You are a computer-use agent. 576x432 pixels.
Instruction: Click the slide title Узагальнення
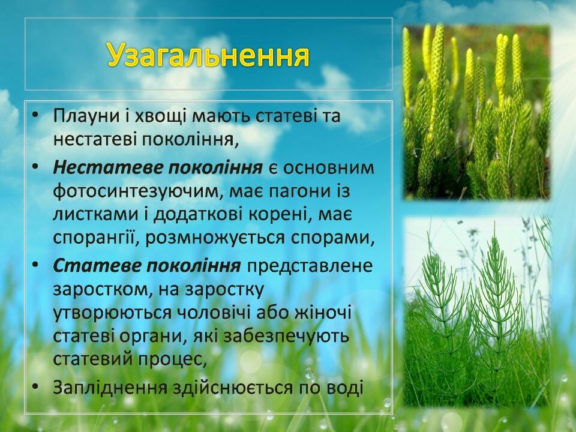coord(209,55)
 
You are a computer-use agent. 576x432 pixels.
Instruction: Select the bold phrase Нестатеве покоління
coord(158,167)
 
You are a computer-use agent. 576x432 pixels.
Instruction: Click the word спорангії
coord(96,238)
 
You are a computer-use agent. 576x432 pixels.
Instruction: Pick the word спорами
coord(332,238)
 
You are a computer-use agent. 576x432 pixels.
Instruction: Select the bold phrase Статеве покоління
coord(147,266)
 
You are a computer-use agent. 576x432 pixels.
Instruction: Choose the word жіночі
coord(323,313)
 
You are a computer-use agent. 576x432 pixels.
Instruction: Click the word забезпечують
coord(286,337)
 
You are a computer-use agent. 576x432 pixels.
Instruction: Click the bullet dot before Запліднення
coord(35,387)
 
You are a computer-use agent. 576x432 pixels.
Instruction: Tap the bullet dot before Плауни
coord(35,115)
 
